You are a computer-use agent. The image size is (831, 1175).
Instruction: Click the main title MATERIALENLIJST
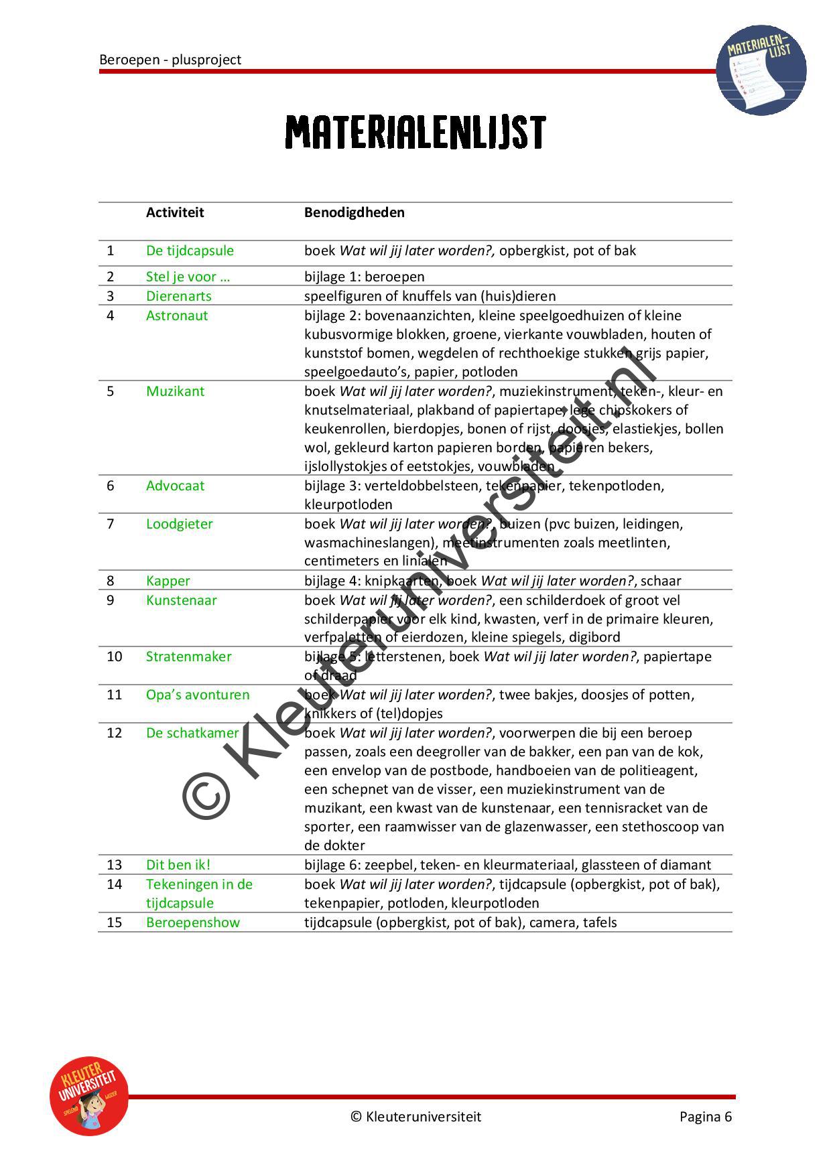(415, 133)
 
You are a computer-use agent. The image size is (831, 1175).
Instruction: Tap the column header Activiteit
(175, 212)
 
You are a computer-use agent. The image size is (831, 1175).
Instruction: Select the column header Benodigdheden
(354, 212)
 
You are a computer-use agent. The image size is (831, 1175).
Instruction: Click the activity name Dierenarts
(178, 296)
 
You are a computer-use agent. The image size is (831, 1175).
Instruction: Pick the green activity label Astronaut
(177, 316)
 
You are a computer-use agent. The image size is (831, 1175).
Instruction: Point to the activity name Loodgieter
(179, 524)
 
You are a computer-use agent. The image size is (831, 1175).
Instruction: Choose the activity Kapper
(168, 581)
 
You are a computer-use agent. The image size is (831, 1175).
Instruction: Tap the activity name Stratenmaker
(188, 656)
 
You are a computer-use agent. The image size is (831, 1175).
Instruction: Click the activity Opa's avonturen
(198, 695)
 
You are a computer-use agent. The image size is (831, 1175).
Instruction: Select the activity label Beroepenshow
(192, 922)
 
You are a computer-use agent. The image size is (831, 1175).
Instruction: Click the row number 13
(115, 865)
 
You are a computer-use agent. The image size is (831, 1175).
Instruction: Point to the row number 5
(111, 391)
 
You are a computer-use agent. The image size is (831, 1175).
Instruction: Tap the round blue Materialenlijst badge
(761, 70)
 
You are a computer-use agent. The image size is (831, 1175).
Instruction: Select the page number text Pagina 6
(705, 1116)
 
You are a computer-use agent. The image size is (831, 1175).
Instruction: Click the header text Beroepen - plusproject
(170, 60)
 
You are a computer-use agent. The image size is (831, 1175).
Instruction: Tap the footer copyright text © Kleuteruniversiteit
(415, 1116)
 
